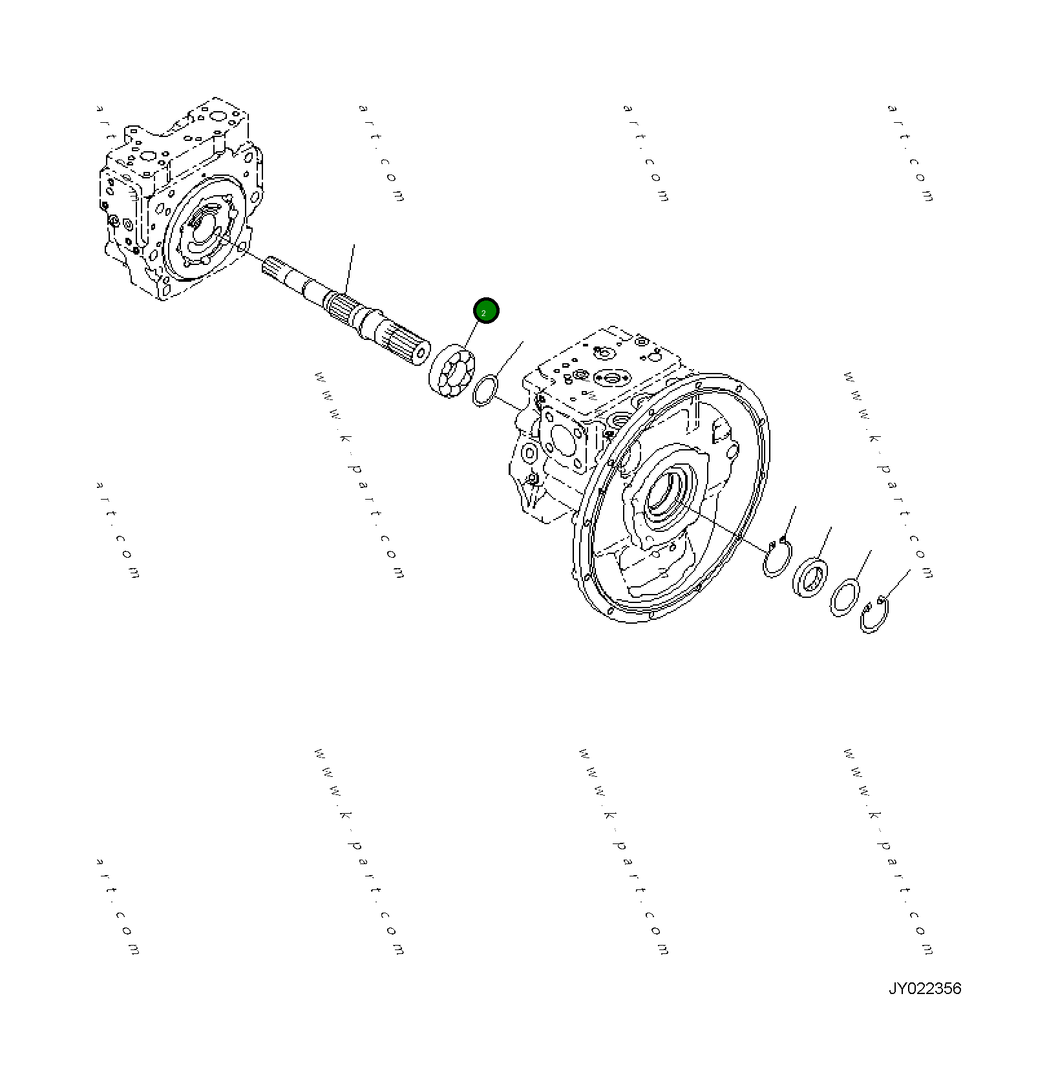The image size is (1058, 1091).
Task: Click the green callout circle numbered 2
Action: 485,311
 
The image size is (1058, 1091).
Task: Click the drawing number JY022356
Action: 924,989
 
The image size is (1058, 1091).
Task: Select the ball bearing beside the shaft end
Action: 452,372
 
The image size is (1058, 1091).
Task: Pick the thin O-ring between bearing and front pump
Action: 485,390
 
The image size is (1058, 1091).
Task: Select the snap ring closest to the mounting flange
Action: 776,558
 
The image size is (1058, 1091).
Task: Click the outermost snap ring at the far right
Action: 874,616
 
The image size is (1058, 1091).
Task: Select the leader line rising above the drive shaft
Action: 350,268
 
